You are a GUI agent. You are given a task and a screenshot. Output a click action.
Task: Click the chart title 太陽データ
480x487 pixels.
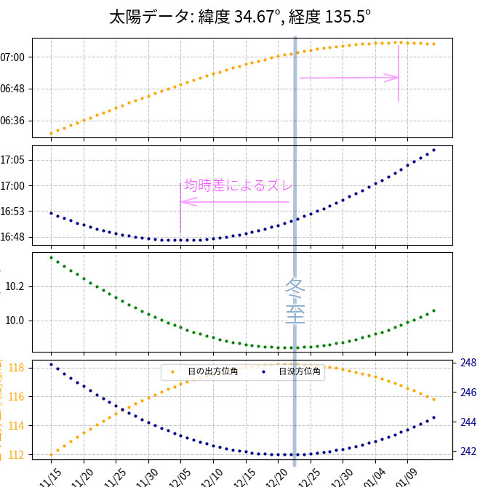click(240, 16)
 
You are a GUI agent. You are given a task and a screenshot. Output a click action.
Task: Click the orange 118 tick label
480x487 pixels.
click(16, 368)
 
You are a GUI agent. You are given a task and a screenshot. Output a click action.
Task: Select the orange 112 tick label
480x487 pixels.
click(16, 455)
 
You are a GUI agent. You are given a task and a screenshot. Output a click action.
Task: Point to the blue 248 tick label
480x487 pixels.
click(468, 363)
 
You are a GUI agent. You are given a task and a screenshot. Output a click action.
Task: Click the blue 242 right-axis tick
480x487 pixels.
click(468, 451)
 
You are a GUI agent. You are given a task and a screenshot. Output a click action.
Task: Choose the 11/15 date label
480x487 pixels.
click(50, 477)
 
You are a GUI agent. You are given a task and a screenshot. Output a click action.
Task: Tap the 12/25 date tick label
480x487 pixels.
click(308, 477)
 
